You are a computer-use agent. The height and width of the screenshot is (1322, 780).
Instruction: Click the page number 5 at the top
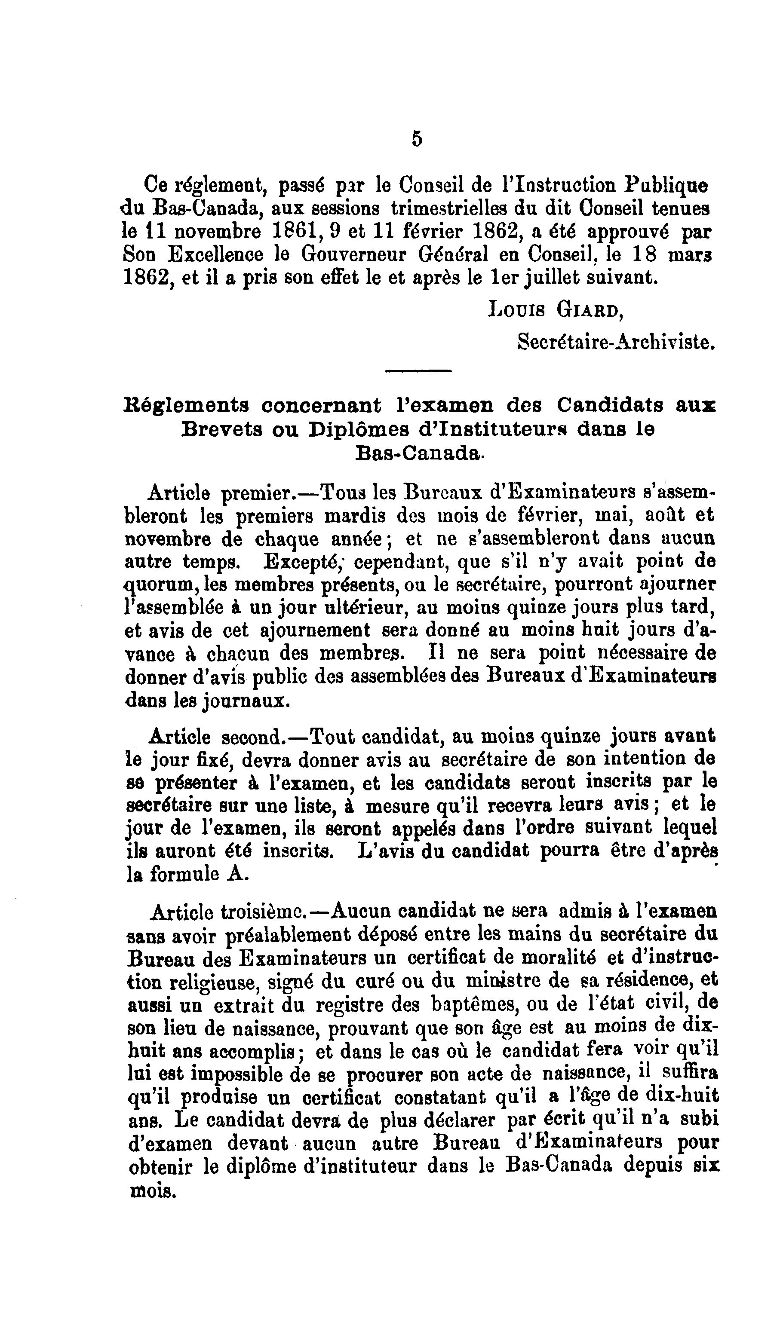[x=417, y=139]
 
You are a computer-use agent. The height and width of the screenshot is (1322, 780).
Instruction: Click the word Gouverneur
[x=355, y=255]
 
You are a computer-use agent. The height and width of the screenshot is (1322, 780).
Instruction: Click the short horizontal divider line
[x=418, y=371]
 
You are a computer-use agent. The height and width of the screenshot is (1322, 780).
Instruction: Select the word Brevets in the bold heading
[x=221, y=430]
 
